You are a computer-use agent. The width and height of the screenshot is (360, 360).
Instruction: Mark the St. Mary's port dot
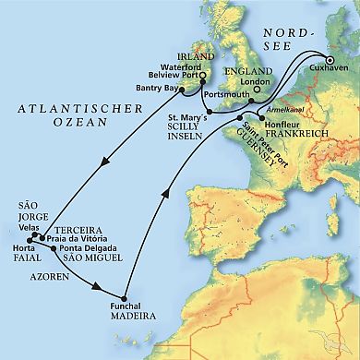click(x=211, y=111)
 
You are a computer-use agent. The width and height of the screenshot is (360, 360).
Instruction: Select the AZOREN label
click(x=50, y=276)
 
